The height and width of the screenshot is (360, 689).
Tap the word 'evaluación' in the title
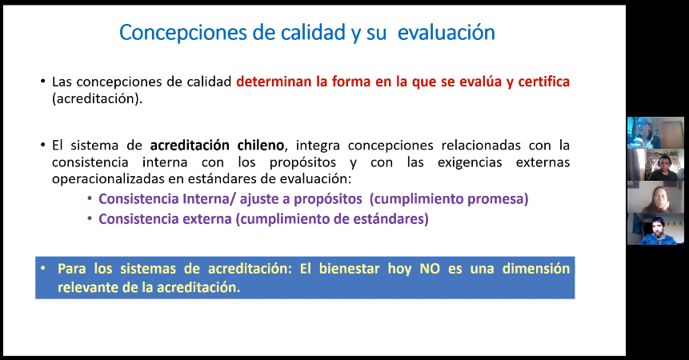(x=446, y=33)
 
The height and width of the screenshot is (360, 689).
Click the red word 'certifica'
(x=543, y=82)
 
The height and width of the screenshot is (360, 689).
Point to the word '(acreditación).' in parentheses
(x=97, y=98)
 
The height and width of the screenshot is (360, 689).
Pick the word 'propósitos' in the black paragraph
(x=302, y=162)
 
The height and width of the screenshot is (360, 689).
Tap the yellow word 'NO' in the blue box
(x=430, y=269)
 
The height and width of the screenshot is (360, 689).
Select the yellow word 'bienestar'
(x=350, y=269)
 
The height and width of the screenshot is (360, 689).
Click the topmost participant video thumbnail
(x=655, y=133)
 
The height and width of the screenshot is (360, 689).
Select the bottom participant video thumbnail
(x=655, y=229)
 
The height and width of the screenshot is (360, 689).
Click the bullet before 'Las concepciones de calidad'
(x=42, y=82)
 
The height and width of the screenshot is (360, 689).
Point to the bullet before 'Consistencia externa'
(x=90, y=218)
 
